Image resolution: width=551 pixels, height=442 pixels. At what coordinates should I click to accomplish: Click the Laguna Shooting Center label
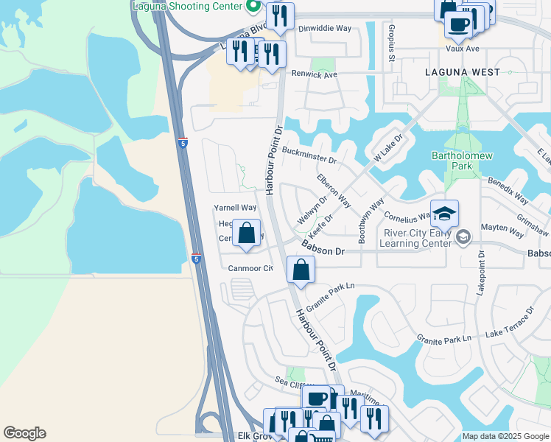pyautogui.click(x=186, y=6)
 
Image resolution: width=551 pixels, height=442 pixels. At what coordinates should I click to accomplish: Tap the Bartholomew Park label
pyautogui.click(x=451, y=161)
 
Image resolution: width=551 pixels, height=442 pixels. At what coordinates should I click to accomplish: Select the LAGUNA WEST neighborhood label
pyautogui.click(x=463, y=72)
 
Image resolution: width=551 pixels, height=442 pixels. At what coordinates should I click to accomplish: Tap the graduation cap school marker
pyautogui.click(x=444, y=214)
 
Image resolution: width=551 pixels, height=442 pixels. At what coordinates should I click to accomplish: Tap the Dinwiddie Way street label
pyautogui.click(x=325, y=29)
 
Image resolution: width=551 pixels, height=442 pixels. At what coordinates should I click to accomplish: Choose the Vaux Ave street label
pyautogui.click(x=463, y=49)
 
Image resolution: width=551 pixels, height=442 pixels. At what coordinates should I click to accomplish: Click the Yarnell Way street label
pyautogui.click(x=235, y=208)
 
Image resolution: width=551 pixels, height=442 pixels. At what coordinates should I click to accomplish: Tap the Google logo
pyautogui.click(x=24, y=433)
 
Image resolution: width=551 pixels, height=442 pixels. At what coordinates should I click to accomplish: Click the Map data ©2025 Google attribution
pyautogui.click(x=505, y=436)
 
